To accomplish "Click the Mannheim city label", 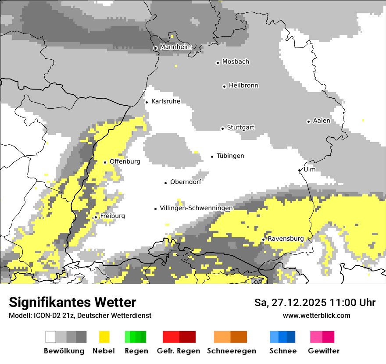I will coord(175,47).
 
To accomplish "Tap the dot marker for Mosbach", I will coord(218,63).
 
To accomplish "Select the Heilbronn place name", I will coord(243,86).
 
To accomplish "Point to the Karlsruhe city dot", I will coord(147,102).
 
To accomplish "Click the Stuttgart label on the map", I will coord(241,128).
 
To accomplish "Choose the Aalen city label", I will coord(322,121).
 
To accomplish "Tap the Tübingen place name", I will coord(230,156).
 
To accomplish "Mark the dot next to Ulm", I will coord(300,170).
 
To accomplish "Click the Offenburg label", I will coord(125,161).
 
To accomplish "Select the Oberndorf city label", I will coord(186,182).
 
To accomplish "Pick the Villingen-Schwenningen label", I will coord(196,208).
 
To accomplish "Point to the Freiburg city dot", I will coord(96,217).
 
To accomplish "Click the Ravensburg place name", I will coord(286,239).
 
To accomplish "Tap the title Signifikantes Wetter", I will coord(72,302).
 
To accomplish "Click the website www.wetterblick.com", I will coord(316,315).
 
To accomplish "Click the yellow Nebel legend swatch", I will coord(104,337).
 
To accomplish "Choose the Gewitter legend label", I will coord(323,351).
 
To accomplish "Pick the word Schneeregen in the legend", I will coord(231,351).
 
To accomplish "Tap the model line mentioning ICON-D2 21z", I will coord(80,315).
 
